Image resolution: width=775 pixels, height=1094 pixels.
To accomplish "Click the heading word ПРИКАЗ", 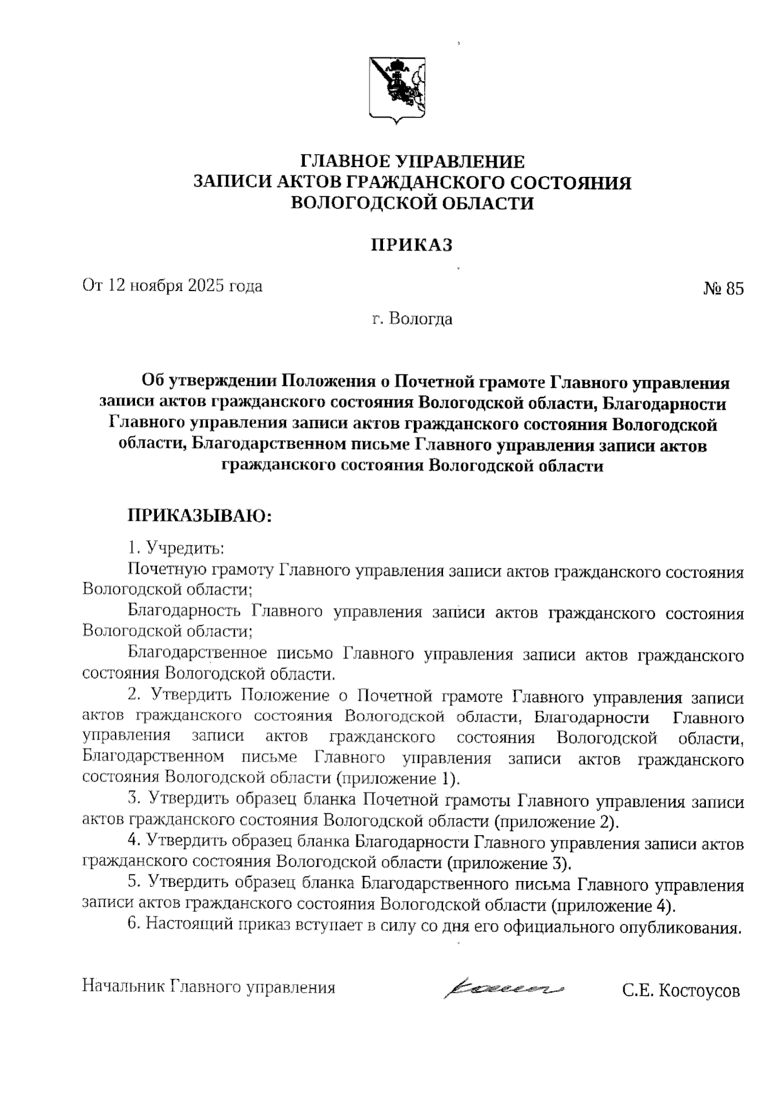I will click(x=411, y=245).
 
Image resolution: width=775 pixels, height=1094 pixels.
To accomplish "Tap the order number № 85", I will click(x=723, y=288).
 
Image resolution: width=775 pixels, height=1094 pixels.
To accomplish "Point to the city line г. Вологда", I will click(x=412, y=319).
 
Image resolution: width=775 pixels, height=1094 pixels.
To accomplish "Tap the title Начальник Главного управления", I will click(x=209, y=988).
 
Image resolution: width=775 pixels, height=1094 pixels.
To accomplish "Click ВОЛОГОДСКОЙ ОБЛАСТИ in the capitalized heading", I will click(x=413, y=203).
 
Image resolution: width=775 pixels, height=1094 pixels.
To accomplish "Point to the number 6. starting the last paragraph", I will click(x=134, y=925).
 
